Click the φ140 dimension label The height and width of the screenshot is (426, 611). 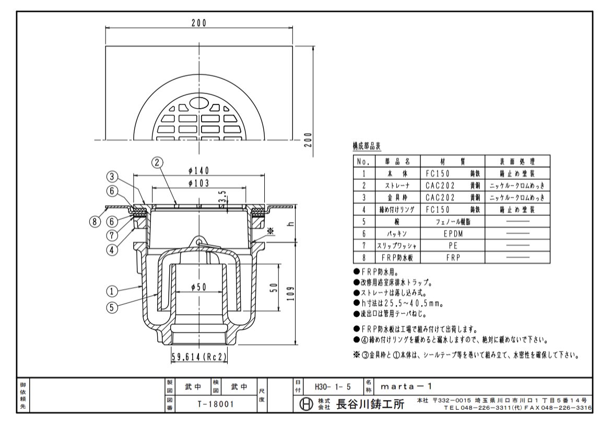[x=199, y=170]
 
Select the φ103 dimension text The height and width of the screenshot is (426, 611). [x=199, y=183]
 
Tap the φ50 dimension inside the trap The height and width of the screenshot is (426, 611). [x=199, y=287]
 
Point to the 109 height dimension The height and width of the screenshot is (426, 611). [x=290, y=294]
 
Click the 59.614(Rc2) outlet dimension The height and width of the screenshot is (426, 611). [x=199, y=356]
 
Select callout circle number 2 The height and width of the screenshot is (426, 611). [x=157, y=162]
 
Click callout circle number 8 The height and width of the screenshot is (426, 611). [x=95, y=222]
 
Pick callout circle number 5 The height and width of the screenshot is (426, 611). [x=112, y=307]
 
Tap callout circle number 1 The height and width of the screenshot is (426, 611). [x=112, y=291]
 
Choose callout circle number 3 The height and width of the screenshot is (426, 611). [x=112, y=177]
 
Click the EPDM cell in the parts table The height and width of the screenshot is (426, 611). [x=453, y=234]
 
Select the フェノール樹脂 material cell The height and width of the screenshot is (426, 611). [x=453, y=222]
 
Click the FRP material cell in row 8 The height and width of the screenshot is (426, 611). [x=453, y=258]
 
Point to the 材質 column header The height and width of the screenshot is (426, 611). [x=453, y=161]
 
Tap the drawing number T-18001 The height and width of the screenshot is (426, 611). [x=216, y=404]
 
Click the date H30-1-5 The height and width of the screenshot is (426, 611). [x=333, y=387]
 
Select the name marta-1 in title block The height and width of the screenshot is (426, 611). [x=406, y=387]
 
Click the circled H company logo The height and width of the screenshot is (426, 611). [x=306, y=404]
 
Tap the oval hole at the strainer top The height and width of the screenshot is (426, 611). [x=199, y=102]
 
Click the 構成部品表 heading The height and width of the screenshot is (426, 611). [x=367, y=146]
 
